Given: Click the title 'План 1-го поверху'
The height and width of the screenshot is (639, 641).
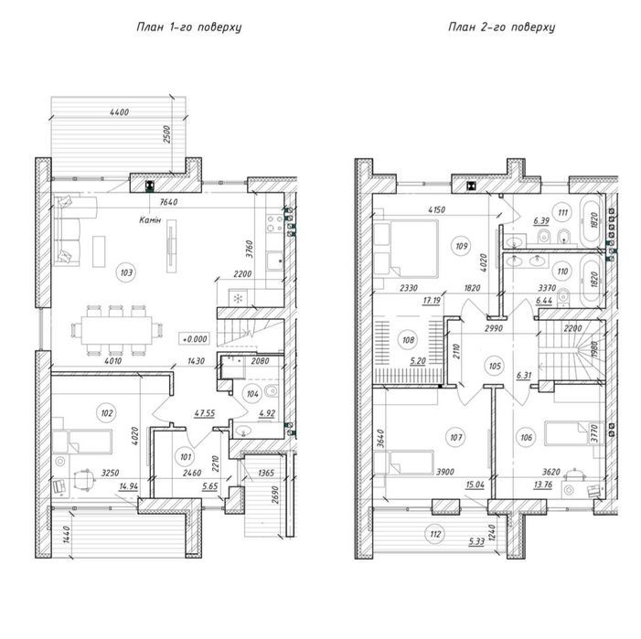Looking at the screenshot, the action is [189, 27].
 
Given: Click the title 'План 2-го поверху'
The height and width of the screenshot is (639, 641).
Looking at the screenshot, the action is [502, 27].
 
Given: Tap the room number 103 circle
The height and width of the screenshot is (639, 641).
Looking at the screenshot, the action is [126, 272].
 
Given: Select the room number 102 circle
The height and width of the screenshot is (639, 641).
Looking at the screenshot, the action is [107, 413].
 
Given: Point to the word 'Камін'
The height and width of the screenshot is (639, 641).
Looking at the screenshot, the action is [150, 220].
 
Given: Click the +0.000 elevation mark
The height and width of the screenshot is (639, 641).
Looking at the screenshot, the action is [194, 339].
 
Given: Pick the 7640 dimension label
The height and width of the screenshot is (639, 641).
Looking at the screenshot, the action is [168, 202].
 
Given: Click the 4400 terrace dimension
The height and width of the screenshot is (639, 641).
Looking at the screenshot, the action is [120, 112].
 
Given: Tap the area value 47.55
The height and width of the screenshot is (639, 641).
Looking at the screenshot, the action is [205, 413].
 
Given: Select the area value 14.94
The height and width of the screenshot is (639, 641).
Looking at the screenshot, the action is [128, 486].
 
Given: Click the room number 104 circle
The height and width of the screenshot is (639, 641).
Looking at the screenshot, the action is [252, 394].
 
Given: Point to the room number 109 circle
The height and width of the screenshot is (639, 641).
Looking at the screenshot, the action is [461, 246].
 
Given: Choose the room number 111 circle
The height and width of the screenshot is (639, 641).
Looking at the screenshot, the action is [563, 212].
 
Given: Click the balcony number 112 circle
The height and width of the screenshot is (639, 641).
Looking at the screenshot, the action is [435, 534].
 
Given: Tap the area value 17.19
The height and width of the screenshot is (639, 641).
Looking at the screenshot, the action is [432, 301].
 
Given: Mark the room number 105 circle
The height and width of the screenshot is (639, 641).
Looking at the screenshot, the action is [495, 366].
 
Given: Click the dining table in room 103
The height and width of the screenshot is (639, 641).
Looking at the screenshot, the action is [117, 330].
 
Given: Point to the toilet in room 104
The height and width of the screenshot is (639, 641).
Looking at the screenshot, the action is [272, 391].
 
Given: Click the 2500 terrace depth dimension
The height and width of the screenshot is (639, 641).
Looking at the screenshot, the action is [166, 134].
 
